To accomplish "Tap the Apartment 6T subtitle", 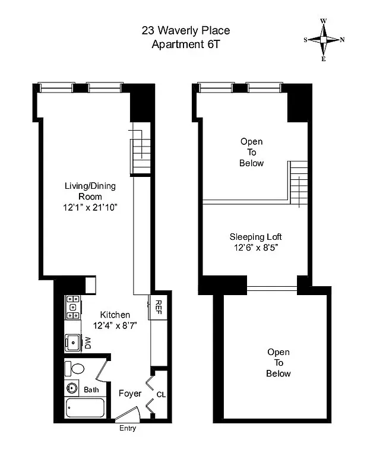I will click(x=185, y=44).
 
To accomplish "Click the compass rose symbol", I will click(x=324, y=40).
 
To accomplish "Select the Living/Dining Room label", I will click(x=90, y=191).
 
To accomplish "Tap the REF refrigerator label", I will click(x=159, y=306).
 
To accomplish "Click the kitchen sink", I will click(x=73, y=343).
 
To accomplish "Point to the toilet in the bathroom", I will click(x=74, y=368).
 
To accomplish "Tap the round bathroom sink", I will click(x=72, y=389).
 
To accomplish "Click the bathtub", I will click(x=85, y=408).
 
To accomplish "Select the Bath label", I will click(x=91, y=390).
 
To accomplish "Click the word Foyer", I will click(x=130, y=393).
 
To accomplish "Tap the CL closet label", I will click(x=161, y=394).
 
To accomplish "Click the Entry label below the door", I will click(x=128, y=428).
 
